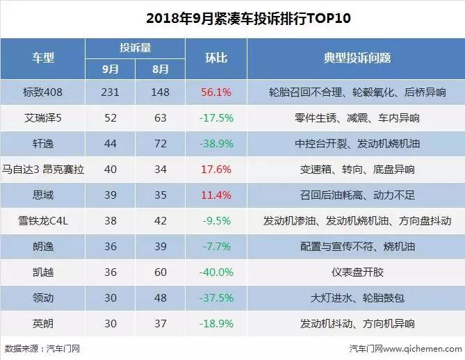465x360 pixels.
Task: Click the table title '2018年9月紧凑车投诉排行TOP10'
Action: pos(232,17)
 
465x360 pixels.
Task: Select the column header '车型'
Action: pos(42,58)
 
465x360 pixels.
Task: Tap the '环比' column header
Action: pos(216,58)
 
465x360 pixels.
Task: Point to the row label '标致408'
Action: pos(42,92)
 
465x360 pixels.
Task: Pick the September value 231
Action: pos(111,92)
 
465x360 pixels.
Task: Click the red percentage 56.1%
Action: pos(215,92)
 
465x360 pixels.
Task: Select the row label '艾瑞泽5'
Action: pos(42,118)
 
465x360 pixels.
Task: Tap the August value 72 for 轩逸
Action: pos(161,144)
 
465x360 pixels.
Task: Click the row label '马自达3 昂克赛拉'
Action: pos(42,170)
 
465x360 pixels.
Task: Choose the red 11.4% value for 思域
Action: pos(215,195)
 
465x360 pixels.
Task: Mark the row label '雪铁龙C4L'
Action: pos(42,221)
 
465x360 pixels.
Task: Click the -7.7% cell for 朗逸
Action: pos(215,247)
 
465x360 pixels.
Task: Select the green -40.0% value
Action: pos(215,272)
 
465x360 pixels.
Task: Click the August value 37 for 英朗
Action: pos(161,324)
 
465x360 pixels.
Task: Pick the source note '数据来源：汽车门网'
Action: pos(42,349)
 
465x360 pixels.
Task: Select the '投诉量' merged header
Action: pos(136,48)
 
